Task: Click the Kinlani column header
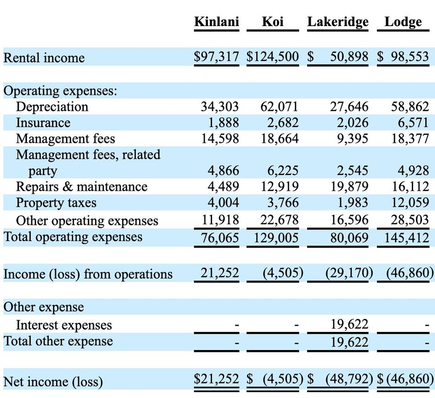coord(216,21)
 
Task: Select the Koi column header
coord(273,21)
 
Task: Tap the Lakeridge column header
coord(338,22)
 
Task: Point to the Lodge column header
coord(403,22)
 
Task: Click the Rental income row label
coord(44,58)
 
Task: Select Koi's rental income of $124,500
coord(273,57)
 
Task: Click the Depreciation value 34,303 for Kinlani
coord(220,107)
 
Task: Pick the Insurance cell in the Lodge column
coord(413,123)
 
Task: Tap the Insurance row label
coord(43,123)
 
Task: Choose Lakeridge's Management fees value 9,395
coord(353,139)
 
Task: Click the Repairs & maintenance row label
coord(81,187)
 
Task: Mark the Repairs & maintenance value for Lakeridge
coord(349,187)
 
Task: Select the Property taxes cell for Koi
coord(283,202)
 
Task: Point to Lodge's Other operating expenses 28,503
coord(410,220)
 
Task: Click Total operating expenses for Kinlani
coord(220,238)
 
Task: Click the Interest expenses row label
coord(64,325)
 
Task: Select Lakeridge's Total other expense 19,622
coord(349,342)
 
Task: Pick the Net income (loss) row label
coord(53,382)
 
